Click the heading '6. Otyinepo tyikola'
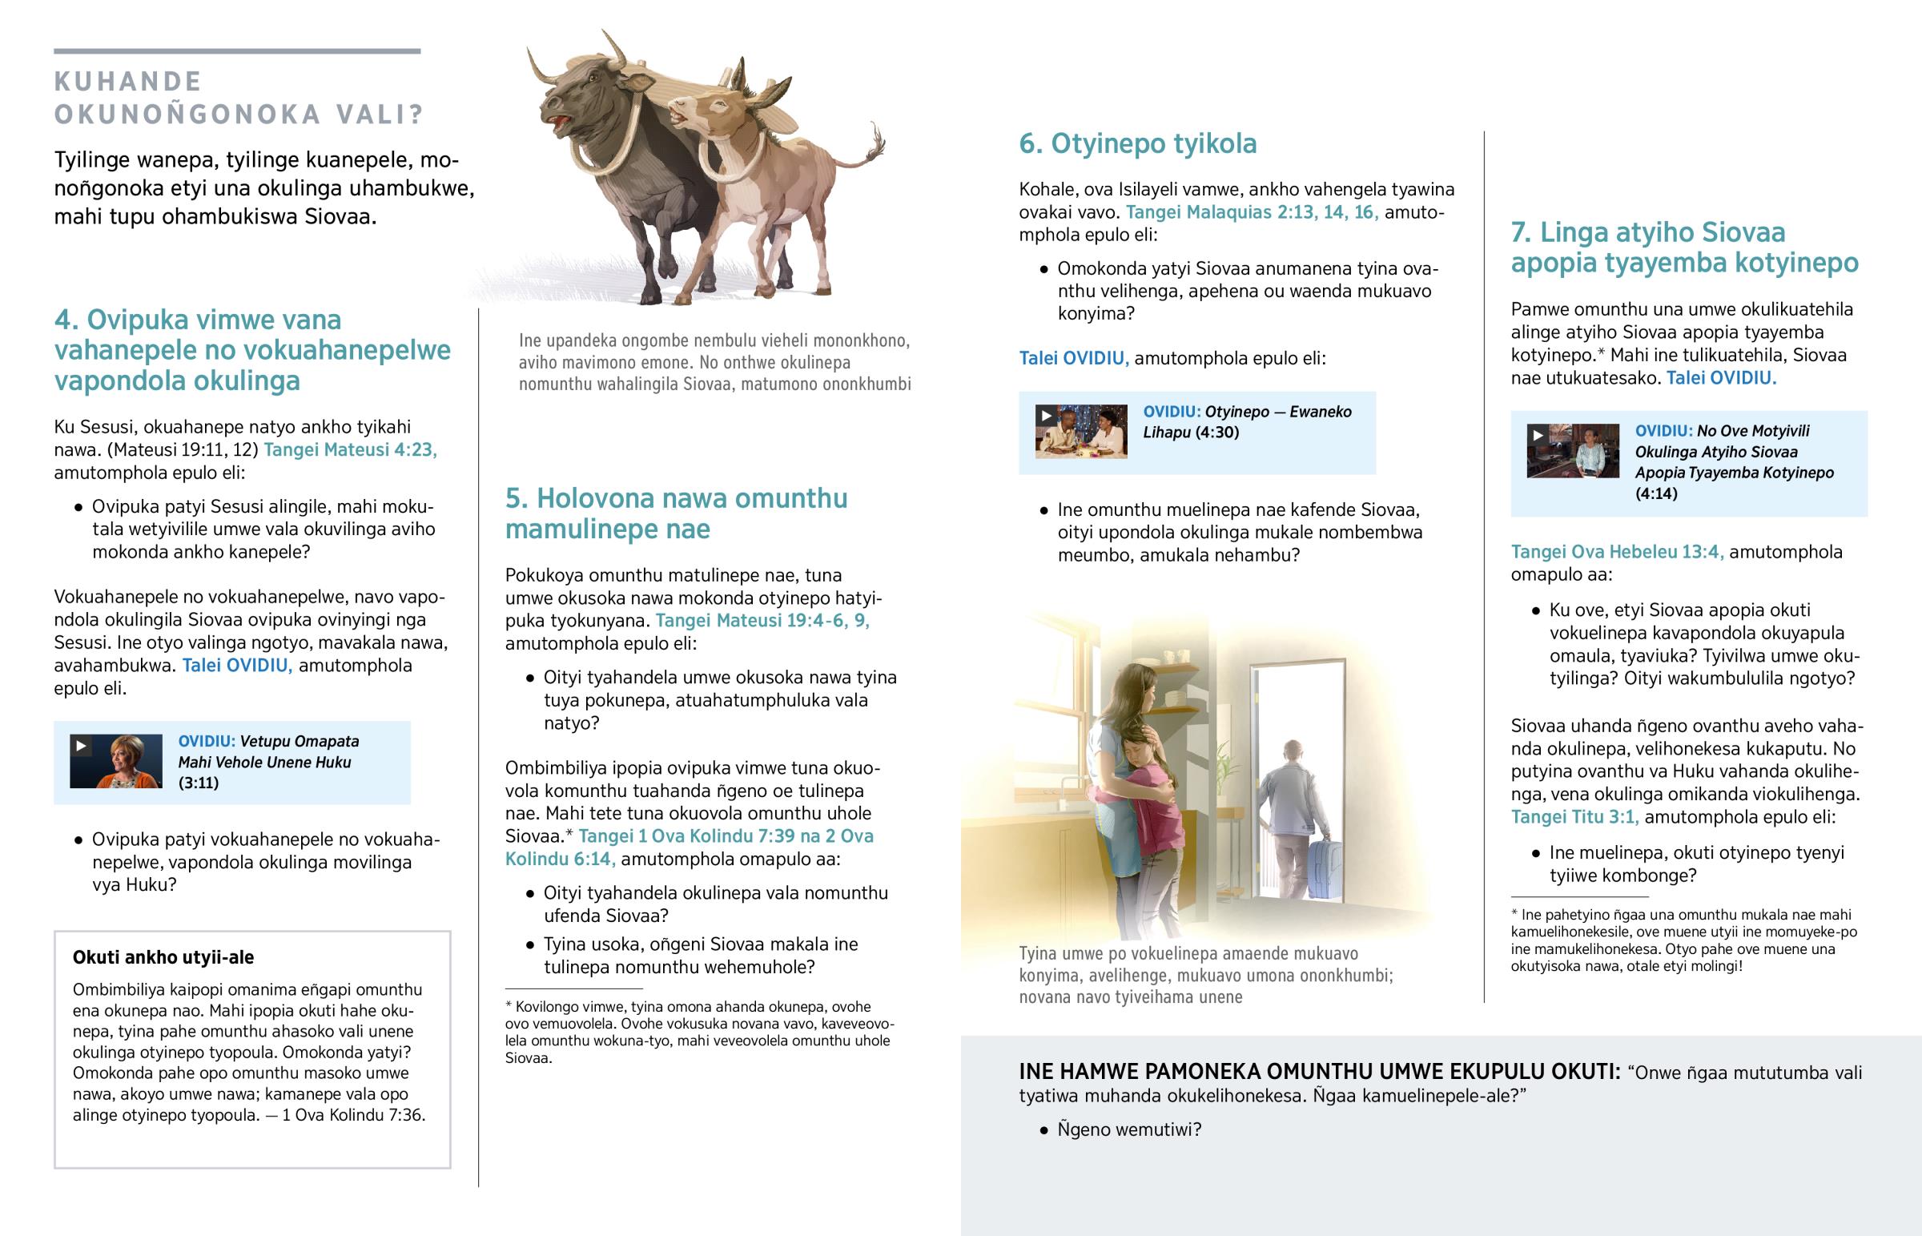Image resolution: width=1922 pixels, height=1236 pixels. tap(1137, 143)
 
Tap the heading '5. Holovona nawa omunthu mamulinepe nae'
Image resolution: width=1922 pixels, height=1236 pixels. tap(675, 513)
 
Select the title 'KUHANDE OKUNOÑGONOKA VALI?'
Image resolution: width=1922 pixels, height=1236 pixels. tap(238, 98)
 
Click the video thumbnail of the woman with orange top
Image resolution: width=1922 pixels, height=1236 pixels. tap(115, 761)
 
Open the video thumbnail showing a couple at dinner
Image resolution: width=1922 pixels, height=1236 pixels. tap(1080, 432)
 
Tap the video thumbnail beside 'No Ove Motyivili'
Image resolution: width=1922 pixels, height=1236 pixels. tap(1572, 451)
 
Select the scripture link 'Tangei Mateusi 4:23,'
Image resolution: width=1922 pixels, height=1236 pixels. tap(350, 449)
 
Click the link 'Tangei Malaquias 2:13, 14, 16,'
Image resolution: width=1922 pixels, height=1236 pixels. tap(1252, 212)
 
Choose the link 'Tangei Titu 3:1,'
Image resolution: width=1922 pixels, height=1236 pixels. tap(1574, 817)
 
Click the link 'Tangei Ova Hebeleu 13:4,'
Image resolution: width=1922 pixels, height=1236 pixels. tap(1616, 551)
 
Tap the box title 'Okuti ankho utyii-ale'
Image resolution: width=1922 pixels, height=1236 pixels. tap(163, 956)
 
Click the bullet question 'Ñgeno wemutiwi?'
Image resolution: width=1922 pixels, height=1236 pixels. tap(1128, 1129)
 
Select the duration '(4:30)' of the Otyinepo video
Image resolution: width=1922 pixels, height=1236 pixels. tap(1217, 433)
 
